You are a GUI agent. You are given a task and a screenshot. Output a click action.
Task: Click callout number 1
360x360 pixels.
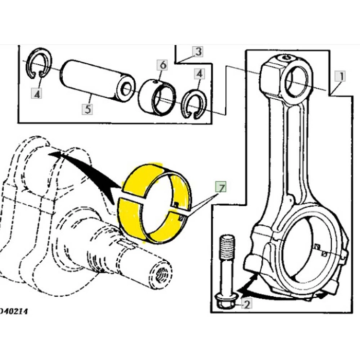pyautogui.click(x=339, y=77)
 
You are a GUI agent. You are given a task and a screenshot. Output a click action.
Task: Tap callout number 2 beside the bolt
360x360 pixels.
pyautogui.click(x=247, y=304)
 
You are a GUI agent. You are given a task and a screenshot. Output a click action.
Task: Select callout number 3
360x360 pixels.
pyautogui.click(x=198, y=51)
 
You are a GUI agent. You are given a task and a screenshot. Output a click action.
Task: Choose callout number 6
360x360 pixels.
pyautogui.click(x=163, y=65)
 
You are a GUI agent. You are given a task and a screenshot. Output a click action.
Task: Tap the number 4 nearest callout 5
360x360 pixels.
pyautogui.click(x=37, y=93)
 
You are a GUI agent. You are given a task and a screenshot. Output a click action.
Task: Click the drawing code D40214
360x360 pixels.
pyautogui.click(x=14, y=311)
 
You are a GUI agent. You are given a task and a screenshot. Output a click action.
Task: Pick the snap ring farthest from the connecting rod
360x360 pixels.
pyautogui.click(x=40, y=64)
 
